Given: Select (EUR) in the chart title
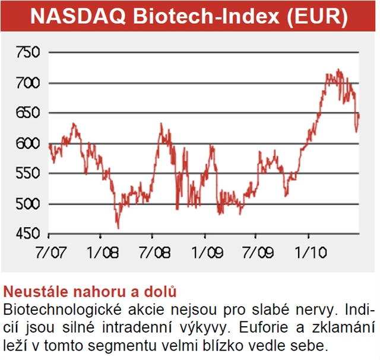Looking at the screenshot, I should tap(316, 17).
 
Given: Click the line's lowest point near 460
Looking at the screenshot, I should tap(118, 228).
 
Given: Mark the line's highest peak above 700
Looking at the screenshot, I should tap(338, 69).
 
